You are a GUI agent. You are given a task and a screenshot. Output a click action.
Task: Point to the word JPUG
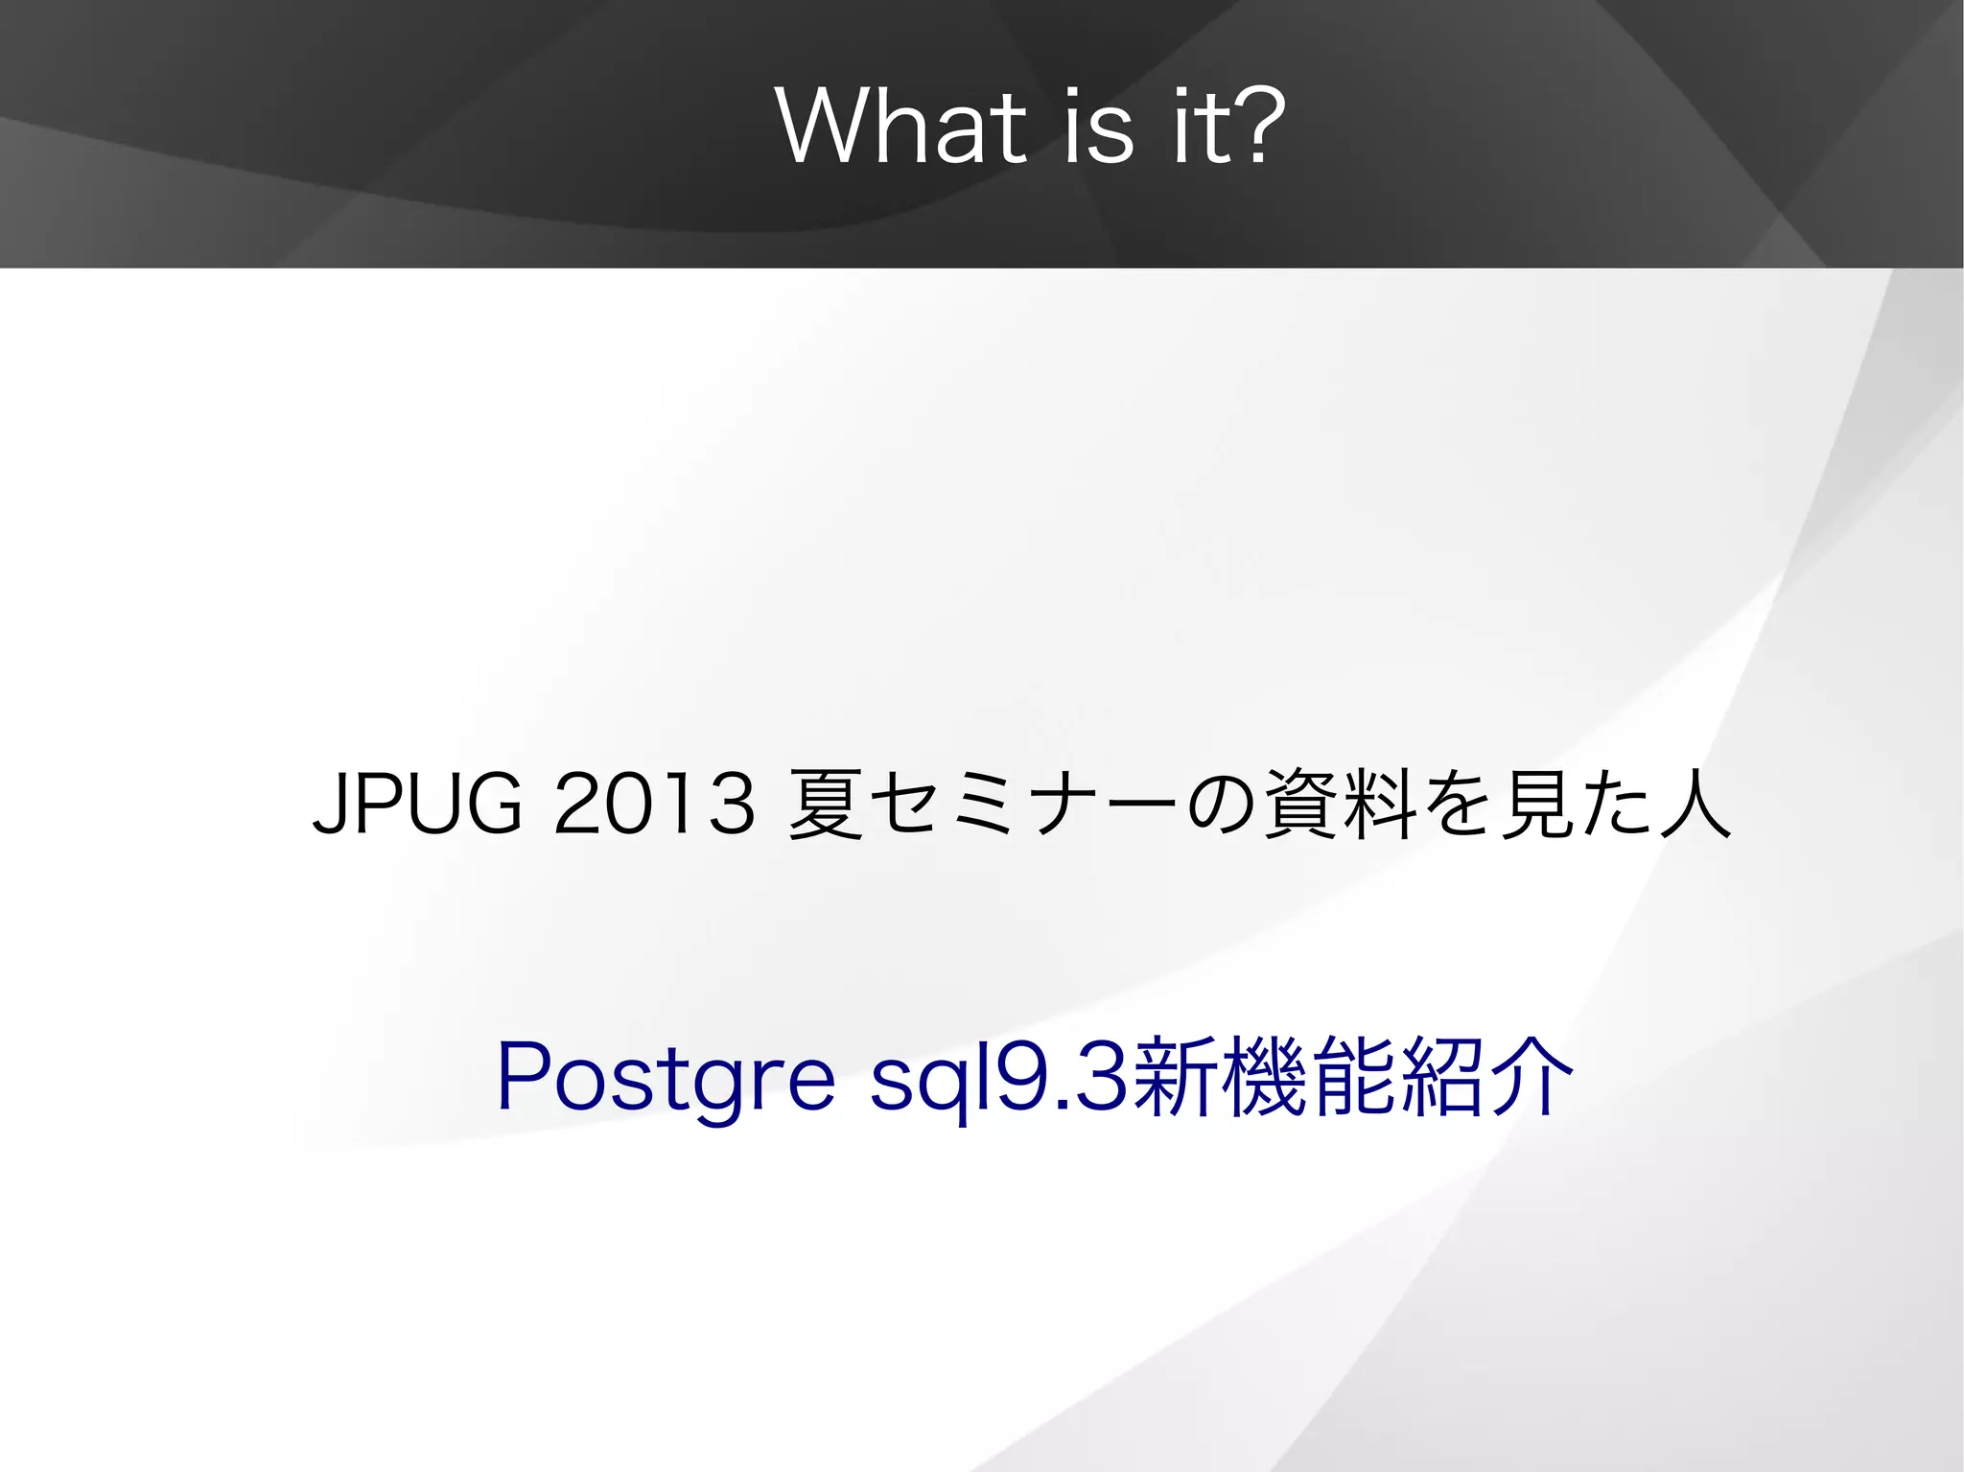418,804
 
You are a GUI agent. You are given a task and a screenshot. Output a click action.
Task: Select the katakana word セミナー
1026,804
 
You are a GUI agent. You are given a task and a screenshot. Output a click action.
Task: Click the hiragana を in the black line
1459,804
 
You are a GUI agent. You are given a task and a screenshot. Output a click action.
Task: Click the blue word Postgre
666,1079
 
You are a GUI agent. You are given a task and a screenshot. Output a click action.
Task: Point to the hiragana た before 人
1617,804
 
